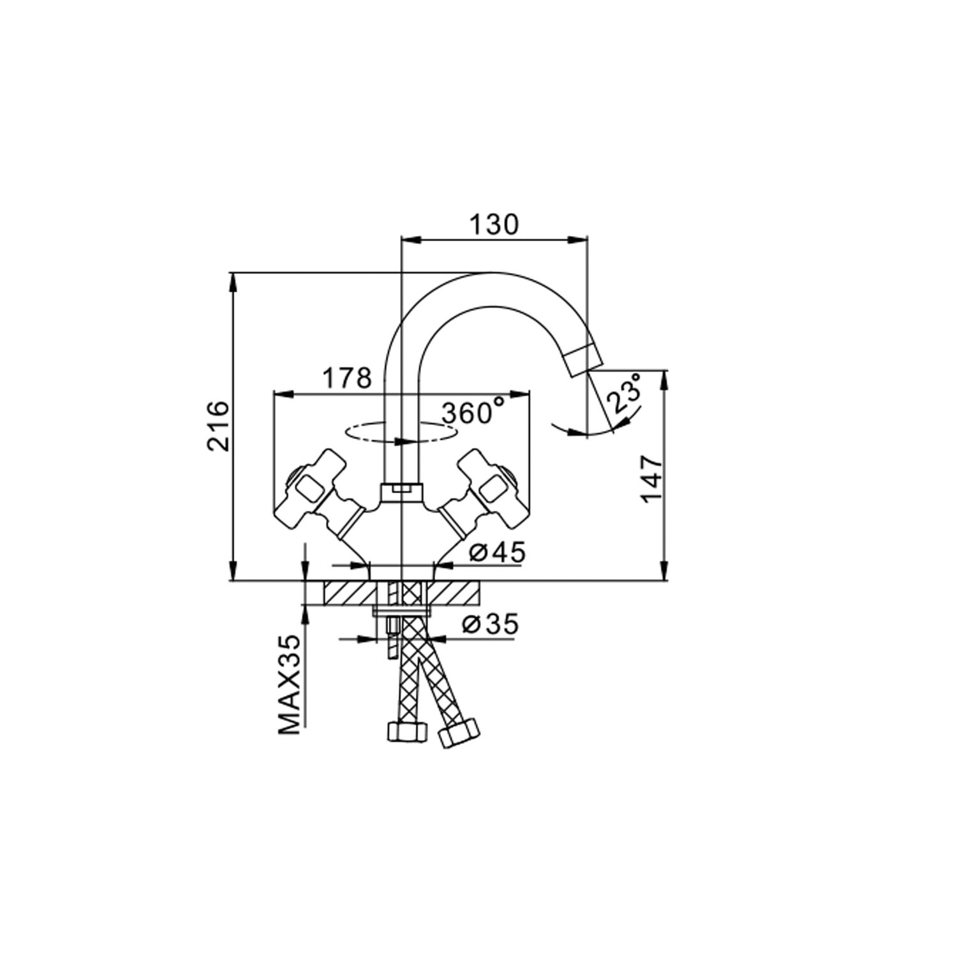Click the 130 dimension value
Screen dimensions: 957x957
click(494, 225)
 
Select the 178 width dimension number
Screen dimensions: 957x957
click(346, 378)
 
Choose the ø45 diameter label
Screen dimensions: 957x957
click(498, 552)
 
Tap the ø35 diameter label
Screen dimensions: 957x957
click(491, 625)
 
